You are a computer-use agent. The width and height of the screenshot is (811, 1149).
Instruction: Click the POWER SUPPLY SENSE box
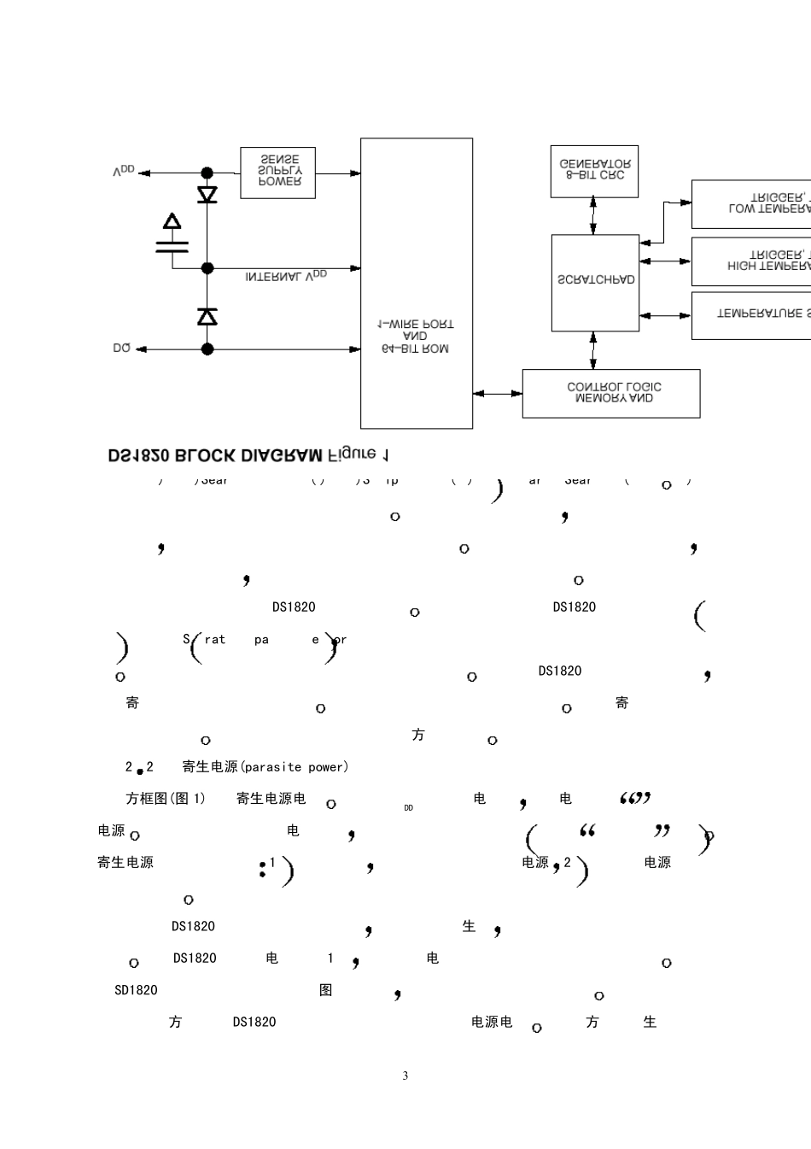pos(277,173)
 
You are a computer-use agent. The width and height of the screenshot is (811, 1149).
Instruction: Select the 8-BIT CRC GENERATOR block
pos(594,171)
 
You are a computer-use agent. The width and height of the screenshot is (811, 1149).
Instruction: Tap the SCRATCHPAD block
pos(595,282)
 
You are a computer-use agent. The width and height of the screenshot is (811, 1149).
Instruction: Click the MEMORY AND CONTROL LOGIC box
pos(611,393)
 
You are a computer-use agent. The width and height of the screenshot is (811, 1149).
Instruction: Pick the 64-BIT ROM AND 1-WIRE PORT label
pos(416,337)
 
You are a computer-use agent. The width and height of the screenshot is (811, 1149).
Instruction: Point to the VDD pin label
pos(124,172)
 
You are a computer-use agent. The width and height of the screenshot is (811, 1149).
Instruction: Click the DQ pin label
pos(122,349)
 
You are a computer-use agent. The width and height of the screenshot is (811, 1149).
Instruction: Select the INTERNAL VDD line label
pos(286,276)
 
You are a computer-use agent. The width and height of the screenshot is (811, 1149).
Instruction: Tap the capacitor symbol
pos(172,242)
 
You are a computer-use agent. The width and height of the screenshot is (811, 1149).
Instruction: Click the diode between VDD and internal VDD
pos(207,195)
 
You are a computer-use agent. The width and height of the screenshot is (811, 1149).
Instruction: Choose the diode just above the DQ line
pos(207,317)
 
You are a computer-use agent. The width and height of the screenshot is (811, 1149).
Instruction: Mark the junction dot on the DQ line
pos(207,349)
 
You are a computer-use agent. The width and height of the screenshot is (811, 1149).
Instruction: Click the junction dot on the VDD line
pos(207,173)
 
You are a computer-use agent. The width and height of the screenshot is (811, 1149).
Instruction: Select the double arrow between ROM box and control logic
pos(498,393)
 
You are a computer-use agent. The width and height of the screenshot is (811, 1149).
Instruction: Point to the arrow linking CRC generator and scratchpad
pos(593,215)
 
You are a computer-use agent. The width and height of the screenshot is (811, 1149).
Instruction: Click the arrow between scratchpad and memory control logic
pos(593,350)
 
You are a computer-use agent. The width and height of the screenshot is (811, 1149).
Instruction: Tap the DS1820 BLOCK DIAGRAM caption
pos(248,454)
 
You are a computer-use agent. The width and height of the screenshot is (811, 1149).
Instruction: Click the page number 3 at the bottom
pos(405,1076)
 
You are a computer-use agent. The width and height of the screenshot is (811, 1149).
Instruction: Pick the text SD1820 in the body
pos(136,990)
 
